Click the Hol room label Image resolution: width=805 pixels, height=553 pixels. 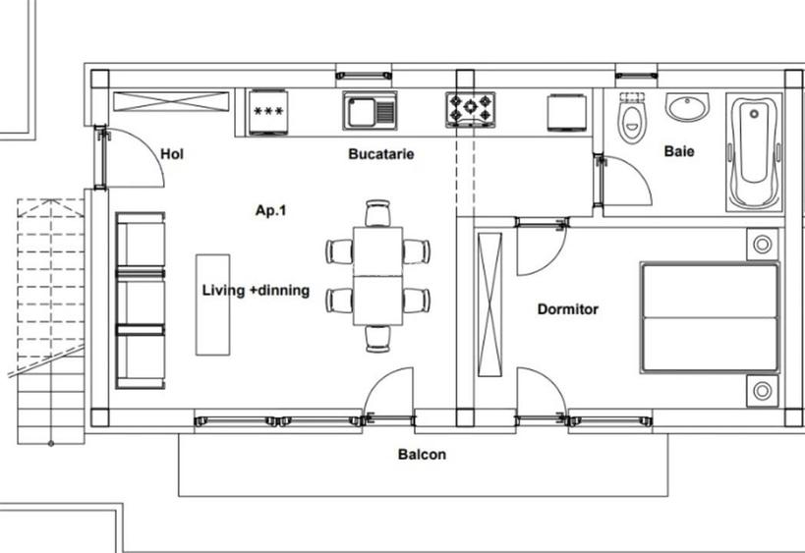(x=172, y=153)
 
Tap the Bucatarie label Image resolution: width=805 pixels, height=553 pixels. (x=380, y=154)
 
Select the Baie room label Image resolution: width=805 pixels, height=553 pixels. (x=678, y=151)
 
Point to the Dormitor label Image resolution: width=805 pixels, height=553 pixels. (x=567, y=309)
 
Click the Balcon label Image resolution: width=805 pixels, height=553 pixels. (x=422, y=455)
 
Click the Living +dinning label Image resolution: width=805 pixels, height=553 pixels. (x=256, y=291)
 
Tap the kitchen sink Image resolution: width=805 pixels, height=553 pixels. (x=370, y=110)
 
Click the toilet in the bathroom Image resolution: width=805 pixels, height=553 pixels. (x=630, y=120)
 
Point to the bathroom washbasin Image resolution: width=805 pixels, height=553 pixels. (x=688, y=106)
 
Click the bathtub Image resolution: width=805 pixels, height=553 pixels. (x=754, y=151)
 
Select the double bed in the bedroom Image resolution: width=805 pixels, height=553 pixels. (x=709, y=317)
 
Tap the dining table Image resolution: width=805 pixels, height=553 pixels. (x=377, y=275)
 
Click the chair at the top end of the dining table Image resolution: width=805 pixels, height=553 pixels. (x=377, y=213)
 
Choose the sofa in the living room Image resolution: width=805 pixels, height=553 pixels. (x=141, y=301)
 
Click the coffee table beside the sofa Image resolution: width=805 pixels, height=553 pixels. (x=212, y=304)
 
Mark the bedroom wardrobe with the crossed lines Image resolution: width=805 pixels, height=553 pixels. (x=489, y=304)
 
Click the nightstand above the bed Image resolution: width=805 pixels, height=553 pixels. (x=762, y=244)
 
